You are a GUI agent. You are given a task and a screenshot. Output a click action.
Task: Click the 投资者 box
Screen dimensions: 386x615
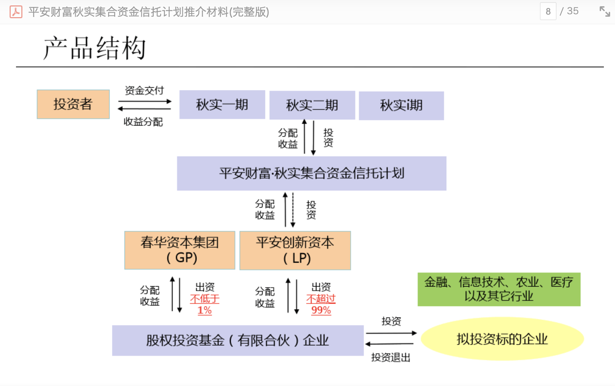(73, 104)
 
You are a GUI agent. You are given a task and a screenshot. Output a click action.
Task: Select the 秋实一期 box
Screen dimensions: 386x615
(222, 105)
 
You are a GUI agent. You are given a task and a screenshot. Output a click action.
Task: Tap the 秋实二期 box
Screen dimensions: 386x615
(312, 105)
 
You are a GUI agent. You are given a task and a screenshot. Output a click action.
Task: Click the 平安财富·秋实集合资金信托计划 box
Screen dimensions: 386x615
(311, 173)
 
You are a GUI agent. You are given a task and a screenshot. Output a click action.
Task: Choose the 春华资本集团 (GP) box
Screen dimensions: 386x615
(179, 250)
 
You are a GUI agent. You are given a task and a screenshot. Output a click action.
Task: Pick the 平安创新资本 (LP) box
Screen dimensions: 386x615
(295, 250)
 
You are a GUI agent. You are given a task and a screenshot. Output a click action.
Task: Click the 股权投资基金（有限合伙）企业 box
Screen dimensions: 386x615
(238, 340)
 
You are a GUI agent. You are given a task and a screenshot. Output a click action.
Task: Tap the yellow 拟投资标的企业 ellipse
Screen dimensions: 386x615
(502, 339)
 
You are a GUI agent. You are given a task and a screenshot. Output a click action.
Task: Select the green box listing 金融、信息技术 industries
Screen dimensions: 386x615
(499, 289)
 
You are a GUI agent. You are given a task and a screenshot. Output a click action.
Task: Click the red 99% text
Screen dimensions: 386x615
(321, 310)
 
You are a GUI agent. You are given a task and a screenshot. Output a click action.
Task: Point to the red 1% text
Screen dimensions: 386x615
(205, 310)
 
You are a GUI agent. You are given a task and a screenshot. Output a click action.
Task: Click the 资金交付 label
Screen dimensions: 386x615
(144, 91)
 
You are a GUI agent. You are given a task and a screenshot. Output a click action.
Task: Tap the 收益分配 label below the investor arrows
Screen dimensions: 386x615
(143, 122)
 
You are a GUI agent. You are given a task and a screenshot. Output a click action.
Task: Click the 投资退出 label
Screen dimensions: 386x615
(391, 357)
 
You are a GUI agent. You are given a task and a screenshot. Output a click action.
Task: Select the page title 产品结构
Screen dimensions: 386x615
(94, 48)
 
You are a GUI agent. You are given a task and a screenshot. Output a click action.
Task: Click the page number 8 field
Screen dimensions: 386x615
(548, 11)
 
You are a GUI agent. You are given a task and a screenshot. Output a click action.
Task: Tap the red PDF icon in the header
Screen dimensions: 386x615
(16, 12)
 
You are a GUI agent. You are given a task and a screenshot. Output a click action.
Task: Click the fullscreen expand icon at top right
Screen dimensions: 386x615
(605, 11)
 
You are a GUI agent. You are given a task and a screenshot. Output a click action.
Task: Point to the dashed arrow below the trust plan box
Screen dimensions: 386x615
(293, 210)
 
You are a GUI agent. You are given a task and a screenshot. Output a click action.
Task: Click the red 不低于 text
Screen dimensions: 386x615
(205, 299)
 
